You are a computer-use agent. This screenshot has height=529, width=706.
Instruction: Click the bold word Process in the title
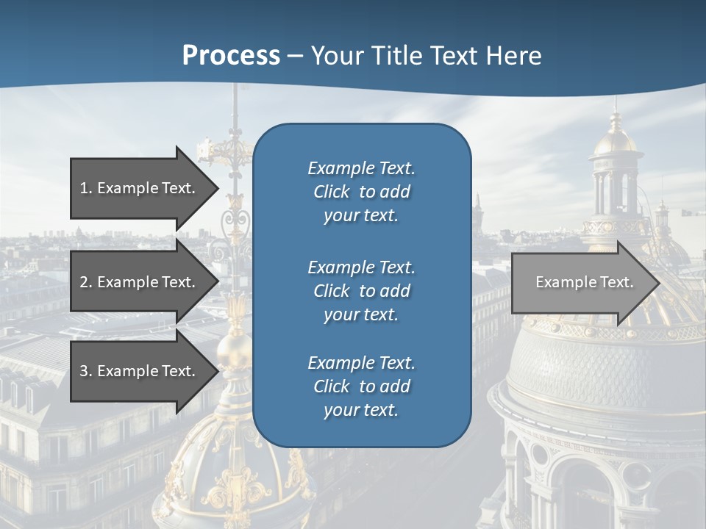point(231,55)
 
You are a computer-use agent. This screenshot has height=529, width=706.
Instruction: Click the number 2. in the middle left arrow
point(86,282)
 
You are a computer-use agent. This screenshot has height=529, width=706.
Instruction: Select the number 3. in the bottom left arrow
point(86,371)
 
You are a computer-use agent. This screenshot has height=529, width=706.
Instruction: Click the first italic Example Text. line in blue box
point(361,168)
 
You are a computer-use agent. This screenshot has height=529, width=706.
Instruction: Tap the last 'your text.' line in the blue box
point(361,410)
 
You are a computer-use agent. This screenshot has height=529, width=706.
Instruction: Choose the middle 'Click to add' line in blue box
point(361,291)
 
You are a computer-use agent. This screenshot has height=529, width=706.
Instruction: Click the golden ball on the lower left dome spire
point(234,345)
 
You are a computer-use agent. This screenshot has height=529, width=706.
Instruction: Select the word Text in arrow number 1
point(176,188)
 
